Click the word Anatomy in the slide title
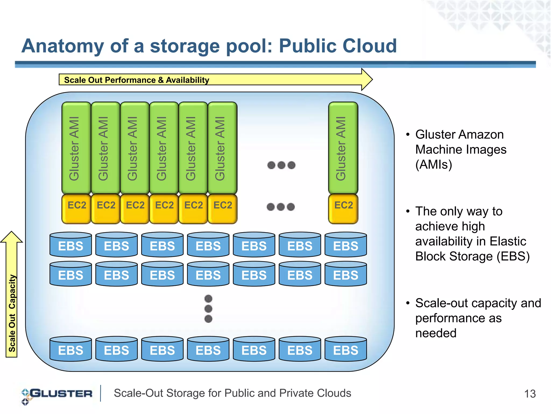(x=62, y=46)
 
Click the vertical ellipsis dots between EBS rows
(x=208, y=309)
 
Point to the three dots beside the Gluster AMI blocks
(x=281, y=165)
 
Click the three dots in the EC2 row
(x=281, y=207)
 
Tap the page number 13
(x=530, y=394)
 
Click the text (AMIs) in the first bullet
(x=433, y=165)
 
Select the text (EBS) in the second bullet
(x=513, y=256)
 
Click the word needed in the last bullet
(x=436, y=333)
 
